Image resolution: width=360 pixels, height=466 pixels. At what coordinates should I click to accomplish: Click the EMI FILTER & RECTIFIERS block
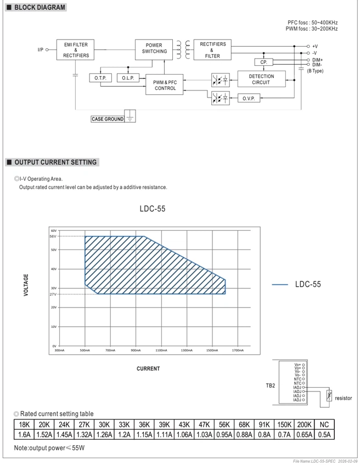[x=75, y=50]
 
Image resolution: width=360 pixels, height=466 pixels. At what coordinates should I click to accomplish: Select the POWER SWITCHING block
[x=154, y=50]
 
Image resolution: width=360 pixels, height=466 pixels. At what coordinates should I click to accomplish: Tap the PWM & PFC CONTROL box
[x=164, y=84]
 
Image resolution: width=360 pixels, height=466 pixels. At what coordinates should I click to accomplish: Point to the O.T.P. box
[x=100, y=78]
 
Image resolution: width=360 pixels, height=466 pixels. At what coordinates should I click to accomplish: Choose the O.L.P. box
[x=128, y=78]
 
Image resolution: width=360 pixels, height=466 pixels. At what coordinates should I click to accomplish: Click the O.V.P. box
[x=249, y=98]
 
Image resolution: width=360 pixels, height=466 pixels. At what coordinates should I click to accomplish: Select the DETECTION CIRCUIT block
[x=262, y=79]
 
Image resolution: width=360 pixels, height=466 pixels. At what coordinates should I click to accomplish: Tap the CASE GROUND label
[x=108, y=119]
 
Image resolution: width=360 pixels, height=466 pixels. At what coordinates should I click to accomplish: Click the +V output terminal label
[x=315, y=47]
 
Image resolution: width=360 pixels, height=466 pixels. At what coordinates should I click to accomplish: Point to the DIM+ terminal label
[x=317, y=60]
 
